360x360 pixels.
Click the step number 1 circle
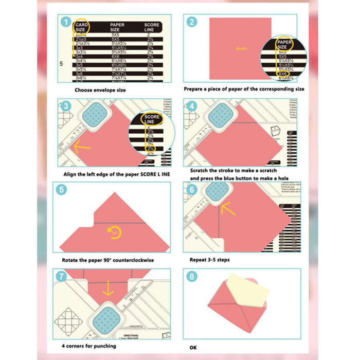coord(65,22)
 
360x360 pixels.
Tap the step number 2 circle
coord(191,22)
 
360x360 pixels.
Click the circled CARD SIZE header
coord(81,27)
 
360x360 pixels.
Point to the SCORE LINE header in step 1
coord(152,27)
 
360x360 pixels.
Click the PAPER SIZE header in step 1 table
coord(118,27)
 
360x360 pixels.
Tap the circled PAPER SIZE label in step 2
coord(285,44)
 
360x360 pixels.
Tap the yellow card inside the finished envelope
coord(251,292)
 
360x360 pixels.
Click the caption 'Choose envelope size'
coord(99,90)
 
